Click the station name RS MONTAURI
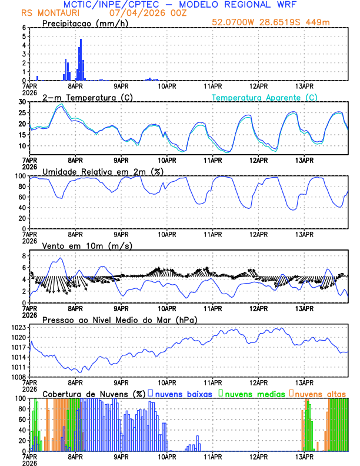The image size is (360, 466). click(x=46, y=13)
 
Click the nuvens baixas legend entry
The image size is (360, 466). click(x=183, y=394)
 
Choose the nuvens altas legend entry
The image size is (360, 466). click(x=320, y=394)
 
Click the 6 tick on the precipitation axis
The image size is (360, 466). click(x=24, y=28)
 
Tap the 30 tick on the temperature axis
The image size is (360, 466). click(x=22, y=102)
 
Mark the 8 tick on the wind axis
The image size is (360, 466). click(x=24, y=256)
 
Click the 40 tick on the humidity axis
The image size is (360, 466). click(x=22, y=208)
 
